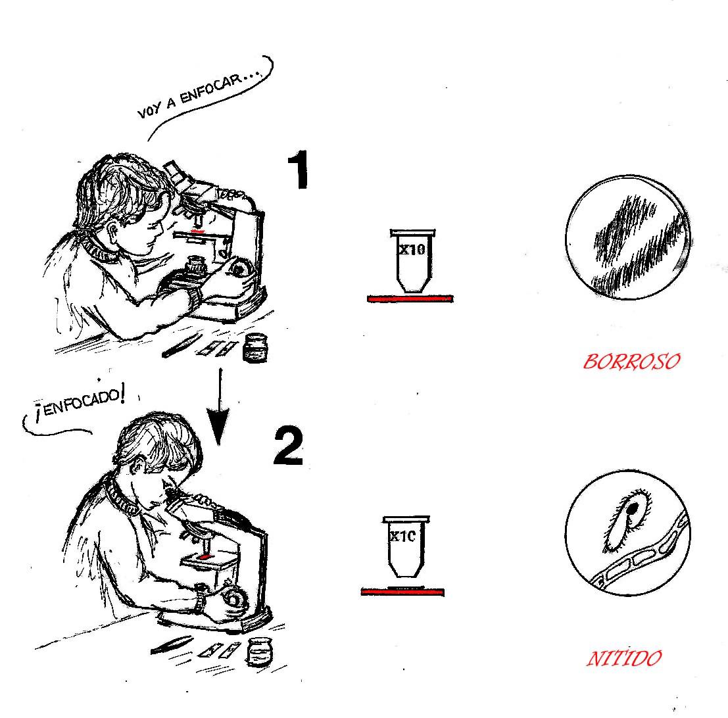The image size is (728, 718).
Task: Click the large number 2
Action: [x=288, y=446]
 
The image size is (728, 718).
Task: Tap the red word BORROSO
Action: [x=631, y=361]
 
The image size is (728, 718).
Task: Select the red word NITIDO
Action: [x=624, y=658]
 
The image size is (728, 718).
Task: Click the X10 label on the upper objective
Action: [x=412, y=250]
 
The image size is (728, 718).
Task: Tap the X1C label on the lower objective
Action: [x=402, y=537]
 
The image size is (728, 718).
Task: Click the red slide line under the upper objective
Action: [x=410, y=299]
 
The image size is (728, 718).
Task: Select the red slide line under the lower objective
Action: [x=402, y=592]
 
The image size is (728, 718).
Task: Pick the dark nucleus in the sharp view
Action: [x=633, y=509]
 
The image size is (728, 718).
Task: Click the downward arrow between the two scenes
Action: [x=218, y=407]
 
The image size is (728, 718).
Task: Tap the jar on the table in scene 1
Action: [x=255, y=347]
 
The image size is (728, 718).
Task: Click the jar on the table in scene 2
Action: [x=260, y=652]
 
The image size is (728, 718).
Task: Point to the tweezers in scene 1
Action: [x=181, y=345]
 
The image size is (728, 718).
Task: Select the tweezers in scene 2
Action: [x=172, y=645]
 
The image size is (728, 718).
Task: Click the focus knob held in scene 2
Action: [x=235, y=599]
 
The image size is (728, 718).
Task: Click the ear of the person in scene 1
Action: [x=114, y=229]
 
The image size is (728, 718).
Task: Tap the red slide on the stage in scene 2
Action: [x=205, y=556]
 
